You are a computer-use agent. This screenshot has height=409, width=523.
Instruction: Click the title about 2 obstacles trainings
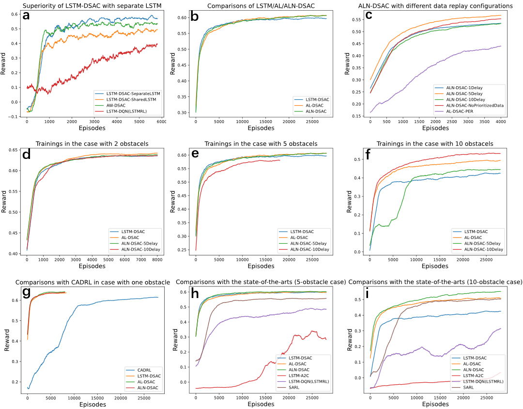click(x=92, y=144)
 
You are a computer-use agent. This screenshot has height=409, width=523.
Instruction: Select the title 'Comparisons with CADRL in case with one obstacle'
click(x=92, y=282)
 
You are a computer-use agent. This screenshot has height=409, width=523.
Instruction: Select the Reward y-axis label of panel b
click(x=175, y=65)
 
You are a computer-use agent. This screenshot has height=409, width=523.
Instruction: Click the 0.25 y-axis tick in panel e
click(x=183, y=250)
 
